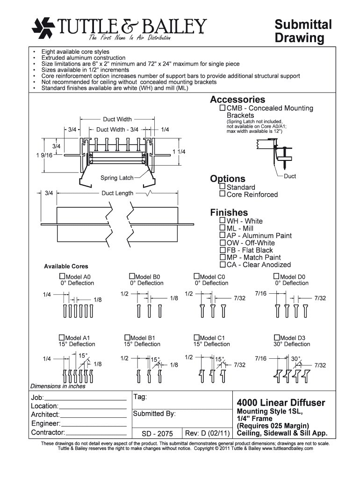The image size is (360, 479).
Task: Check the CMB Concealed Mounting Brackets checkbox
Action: pos(223,108)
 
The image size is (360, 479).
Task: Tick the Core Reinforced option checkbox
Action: pos(223,194)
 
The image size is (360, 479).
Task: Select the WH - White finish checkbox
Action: pos(223,221)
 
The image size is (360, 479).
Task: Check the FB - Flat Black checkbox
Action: pos(223,250)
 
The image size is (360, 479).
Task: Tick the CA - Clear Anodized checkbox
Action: pos(223,264)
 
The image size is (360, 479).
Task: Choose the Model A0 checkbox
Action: pos(63,276)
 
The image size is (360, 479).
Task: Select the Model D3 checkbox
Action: pos(277,337)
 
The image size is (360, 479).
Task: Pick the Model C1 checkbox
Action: pos(196,337)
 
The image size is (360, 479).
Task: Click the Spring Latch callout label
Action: pos(117,178)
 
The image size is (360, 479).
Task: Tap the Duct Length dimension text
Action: pos(117,193)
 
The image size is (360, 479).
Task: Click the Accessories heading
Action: pos(238,100)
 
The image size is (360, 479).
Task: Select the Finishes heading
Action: pos(229,213)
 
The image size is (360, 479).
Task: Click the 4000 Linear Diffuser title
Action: pos(281,403)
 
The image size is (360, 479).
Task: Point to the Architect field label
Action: pos(45,415)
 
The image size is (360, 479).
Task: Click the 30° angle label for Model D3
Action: pos(295,358)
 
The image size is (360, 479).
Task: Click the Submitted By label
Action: pos(154,414)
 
